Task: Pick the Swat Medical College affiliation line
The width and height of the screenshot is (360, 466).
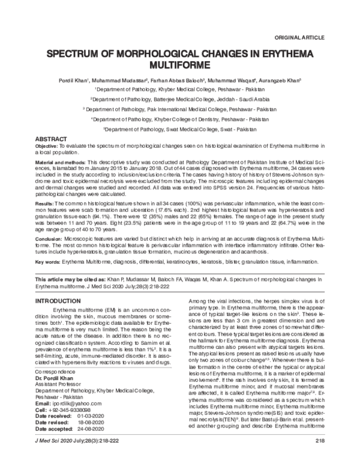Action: pyautogui.click(x=180, y=129)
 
